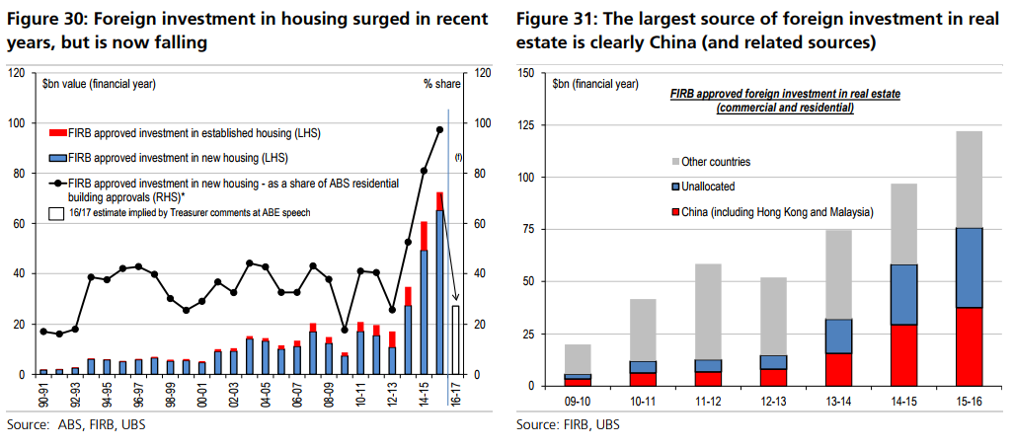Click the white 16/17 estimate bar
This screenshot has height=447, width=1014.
point(455,340)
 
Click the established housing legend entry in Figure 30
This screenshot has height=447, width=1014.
point(188,132)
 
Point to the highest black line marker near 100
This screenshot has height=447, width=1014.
point(439,129)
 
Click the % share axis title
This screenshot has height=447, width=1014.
point(443,85)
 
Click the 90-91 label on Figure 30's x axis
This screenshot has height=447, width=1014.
point(43,397)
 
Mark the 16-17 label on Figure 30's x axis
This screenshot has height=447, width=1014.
point(455,397)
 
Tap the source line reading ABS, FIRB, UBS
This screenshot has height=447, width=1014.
point(69,425)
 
